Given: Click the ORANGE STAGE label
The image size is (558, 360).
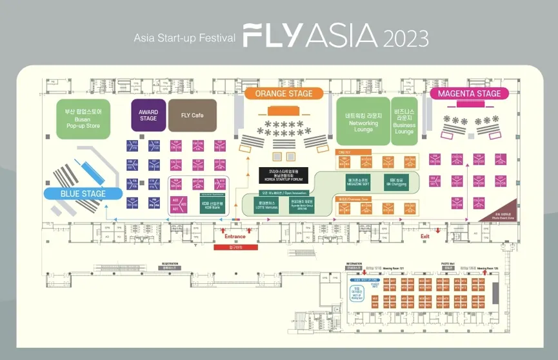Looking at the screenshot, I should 283,94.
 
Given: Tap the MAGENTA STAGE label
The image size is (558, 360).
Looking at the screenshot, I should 469,94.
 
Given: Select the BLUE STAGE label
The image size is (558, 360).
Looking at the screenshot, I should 83,193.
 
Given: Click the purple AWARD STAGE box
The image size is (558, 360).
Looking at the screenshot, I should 148,115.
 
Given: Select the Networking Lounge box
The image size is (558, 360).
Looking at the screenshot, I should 363,122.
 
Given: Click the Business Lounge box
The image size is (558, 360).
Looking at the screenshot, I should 404,122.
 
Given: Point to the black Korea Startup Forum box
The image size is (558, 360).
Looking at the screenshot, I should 284,175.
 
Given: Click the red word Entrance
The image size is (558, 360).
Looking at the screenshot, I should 235,237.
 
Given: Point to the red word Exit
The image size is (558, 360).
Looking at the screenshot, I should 424,237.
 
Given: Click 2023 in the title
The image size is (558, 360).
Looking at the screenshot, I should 406,37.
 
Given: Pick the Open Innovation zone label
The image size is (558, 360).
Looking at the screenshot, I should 277,192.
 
